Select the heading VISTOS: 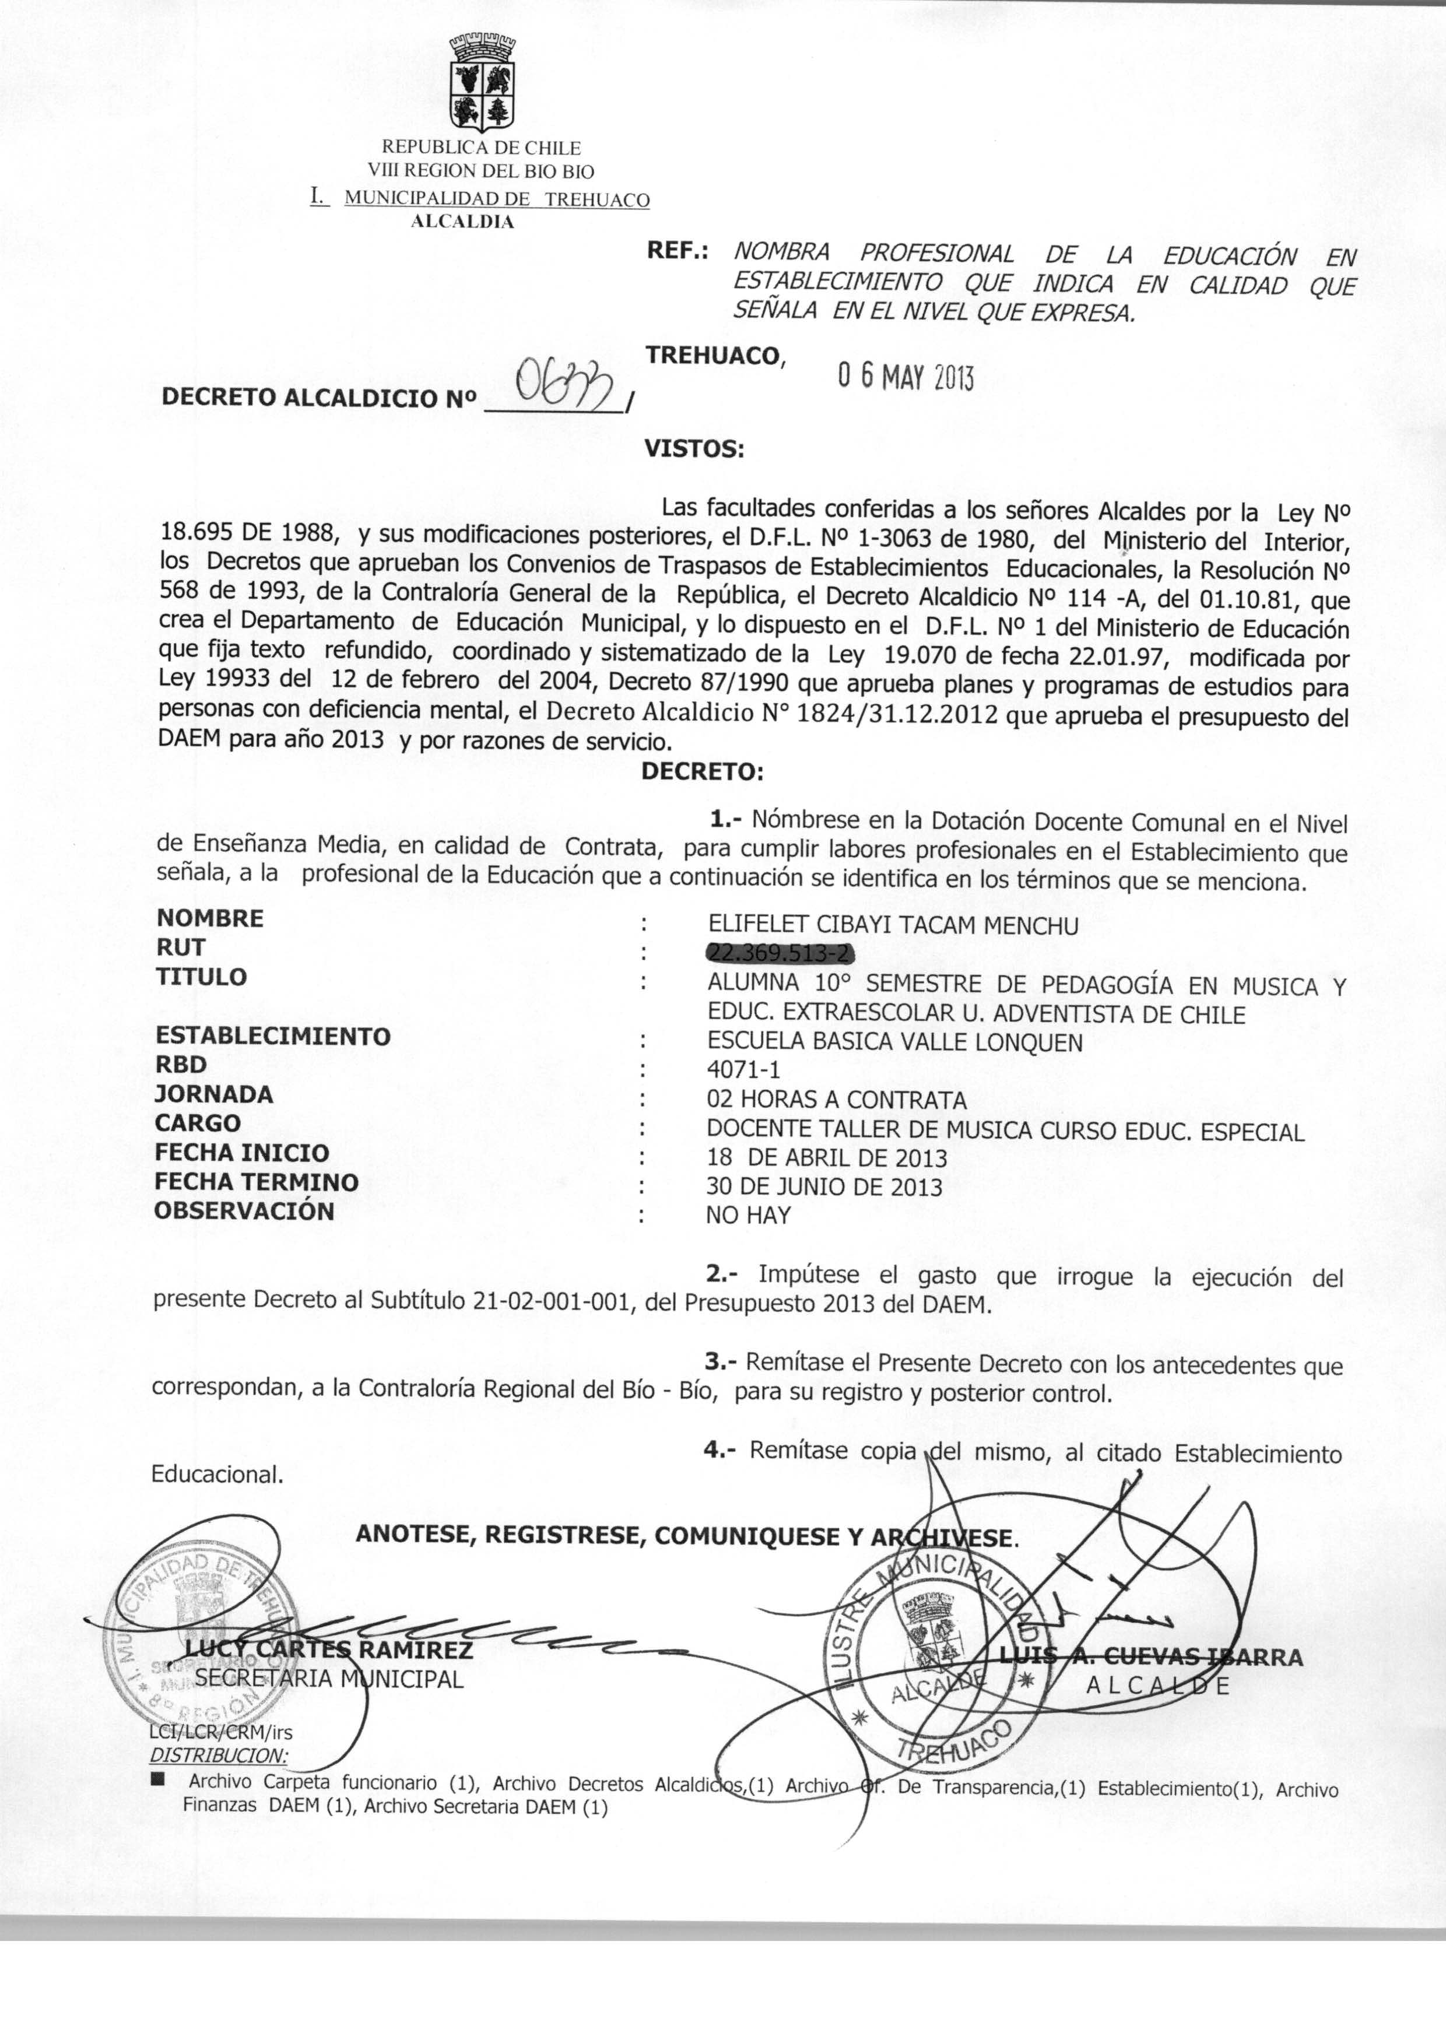click(694, 449)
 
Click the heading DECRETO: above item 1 click(703, 771)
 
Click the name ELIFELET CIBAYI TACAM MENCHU click(892, 926)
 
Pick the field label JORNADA click(214, 1094)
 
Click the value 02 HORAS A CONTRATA click(836, 1100)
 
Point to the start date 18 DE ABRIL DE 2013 click(826, 1158)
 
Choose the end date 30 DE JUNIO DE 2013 click(824, 1187)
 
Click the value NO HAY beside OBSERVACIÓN click(748, 1215)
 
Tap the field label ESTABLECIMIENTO click(272, 1036)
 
